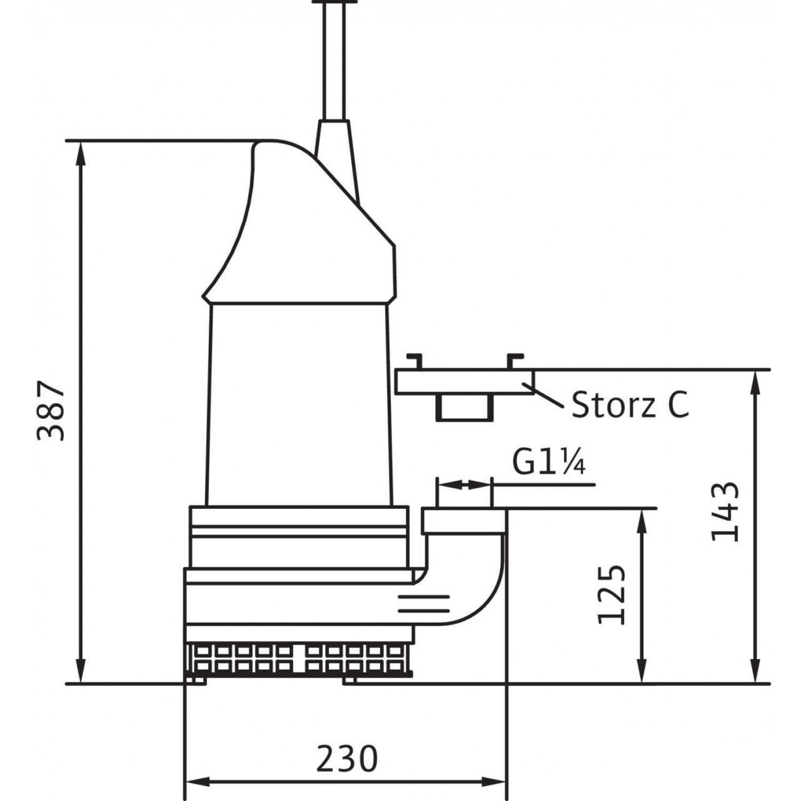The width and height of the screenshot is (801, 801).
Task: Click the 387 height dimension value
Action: (x=51, y=411)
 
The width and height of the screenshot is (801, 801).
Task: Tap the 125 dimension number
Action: (x=610, y=594)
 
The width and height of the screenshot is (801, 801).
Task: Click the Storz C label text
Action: (x=630, y=405)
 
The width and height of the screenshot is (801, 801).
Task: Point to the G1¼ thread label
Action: (x=549, y=462)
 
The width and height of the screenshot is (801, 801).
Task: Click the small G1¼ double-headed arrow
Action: (x=464, y=485)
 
